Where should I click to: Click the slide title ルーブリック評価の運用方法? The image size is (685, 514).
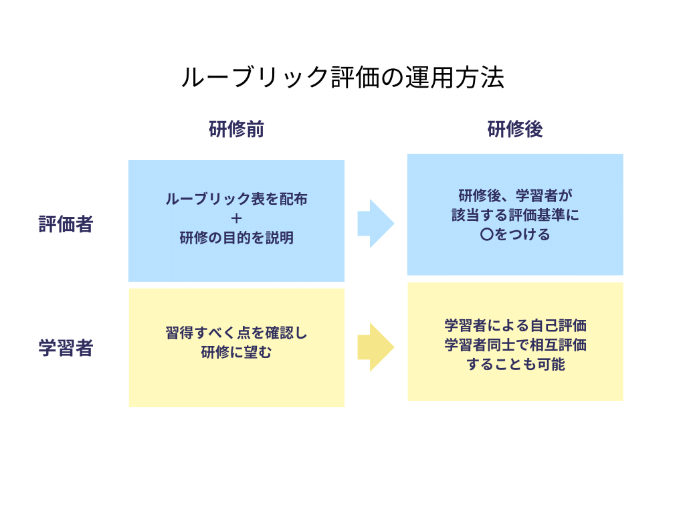(x=342, y=78)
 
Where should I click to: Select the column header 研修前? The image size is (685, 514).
(x=236, y=129)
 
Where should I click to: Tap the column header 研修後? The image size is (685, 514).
(x=515, y=129)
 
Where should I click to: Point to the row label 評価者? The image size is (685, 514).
(x=66, y=224)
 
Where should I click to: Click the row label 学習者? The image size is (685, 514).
(x=66, y=349)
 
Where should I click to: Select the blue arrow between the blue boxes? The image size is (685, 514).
(x=375, y=223)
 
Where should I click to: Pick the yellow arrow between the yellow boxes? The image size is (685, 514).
(x=375, y=347)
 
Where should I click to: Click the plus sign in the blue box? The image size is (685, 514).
(x=236, y=218)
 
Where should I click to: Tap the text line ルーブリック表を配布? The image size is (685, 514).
(x=236, y=199)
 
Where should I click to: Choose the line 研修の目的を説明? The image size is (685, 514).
(x=236, y=238)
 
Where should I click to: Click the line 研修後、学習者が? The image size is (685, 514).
(x=515, y=196)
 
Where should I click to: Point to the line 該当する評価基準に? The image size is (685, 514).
(x=515, y=216)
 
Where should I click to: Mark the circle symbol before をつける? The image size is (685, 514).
(x=487, y=235)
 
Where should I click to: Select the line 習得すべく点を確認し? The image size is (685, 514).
(x=236, y=333)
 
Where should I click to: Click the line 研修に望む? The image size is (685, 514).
(x=236, y=352)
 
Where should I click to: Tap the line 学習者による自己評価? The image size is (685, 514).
(x=515, y=326)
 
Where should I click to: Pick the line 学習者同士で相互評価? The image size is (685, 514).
(x=515, y=345)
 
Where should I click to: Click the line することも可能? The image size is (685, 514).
(x=515, y=365)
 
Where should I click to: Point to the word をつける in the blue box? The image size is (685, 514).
(x=522, y=235)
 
